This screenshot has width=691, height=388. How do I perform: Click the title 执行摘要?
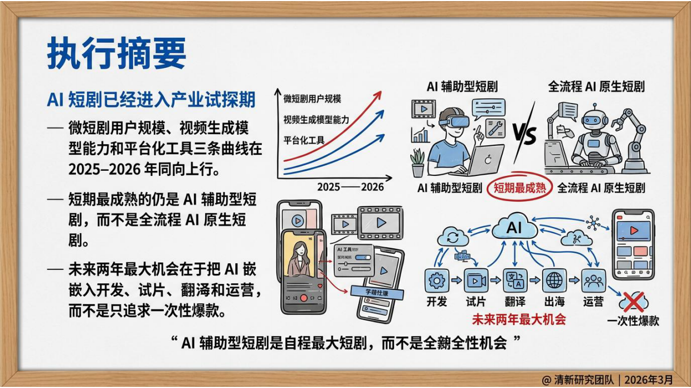116,55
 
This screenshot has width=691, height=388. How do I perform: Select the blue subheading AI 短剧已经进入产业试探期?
151,100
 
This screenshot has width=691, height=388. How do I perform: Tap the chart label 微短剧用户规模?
312,99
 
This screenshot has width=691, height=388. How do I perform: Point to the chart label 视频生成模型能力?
316,119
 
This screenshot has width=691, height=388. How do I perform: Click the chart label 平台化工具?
304,140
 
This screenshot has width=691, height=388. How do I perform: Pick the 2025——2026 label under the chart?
351,187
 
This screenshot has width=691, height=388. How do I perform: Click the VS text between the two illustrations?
523,134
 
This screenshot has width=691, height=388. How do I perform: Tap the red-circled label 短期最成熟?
519,188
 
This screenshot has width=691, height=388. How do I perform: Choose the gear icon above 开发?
436,281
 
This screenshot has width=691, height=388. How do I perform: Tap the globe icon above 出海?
554,281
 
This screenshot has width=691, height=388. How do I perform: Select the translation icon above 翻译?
515,281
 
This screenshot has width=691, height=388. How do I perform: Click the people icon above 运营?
593,281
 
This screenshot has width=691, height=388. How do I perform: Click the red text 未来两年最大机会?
518,320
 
